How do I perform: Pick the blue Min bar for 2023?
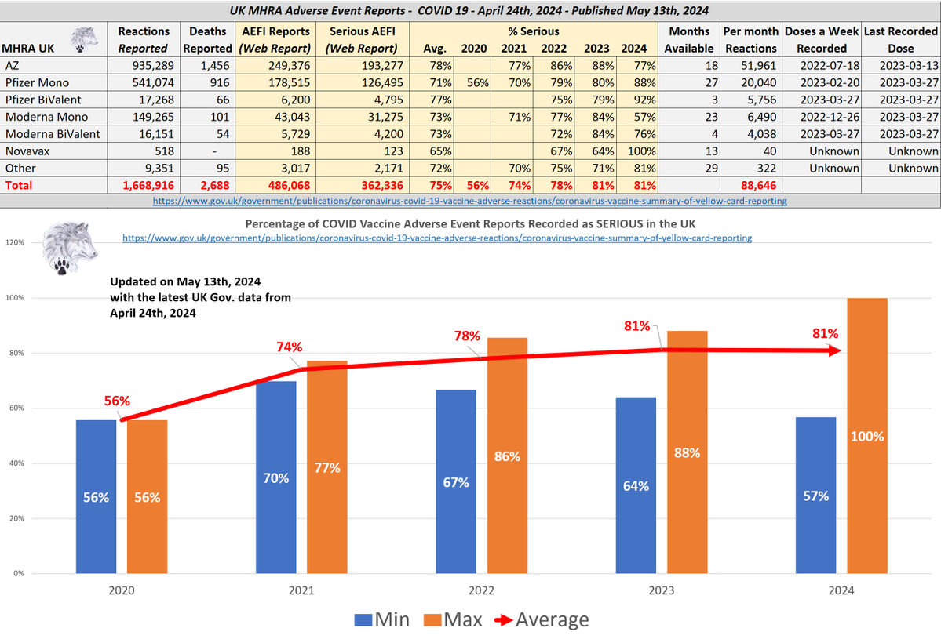[636, 485]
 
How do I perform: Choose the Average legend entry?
[542, 619]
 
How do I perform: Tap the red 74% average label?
[288, 347]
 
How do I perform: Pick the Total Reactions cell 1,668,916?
[146, 185]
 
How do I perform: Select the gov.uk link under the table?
[471, 201]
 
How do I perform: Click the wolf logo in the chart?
[71, 246]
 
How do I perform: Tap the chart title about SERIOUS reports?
[470, 223]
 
